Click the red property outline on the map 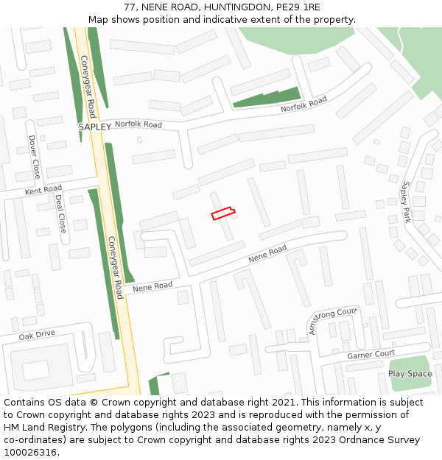(x=223, y=213)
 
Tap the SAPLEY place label (x=94, y=127)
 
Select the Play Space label (x=410, y=374)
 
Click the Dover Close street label (x=34, y=156)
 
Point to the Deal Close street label (x=61, y=213)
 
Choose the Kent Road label (x=43, y=191)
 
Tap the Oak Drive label (x=37, y=334)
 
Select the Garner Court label (x=371, y=354)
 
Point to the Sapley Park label (x=405, y=202)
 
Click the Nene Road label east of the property (x=267, y=255)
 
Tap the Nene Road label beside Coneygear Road (x=152, y=286)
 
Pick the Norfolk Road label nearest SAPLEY (x=138, y=124)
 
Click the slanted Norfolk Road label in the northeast (x=303, y=105)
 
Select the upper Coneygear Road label (x=88, y=87)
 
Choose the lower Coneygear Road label (x=116, y=266)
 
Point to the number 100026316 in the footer (x=29, y=452)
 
